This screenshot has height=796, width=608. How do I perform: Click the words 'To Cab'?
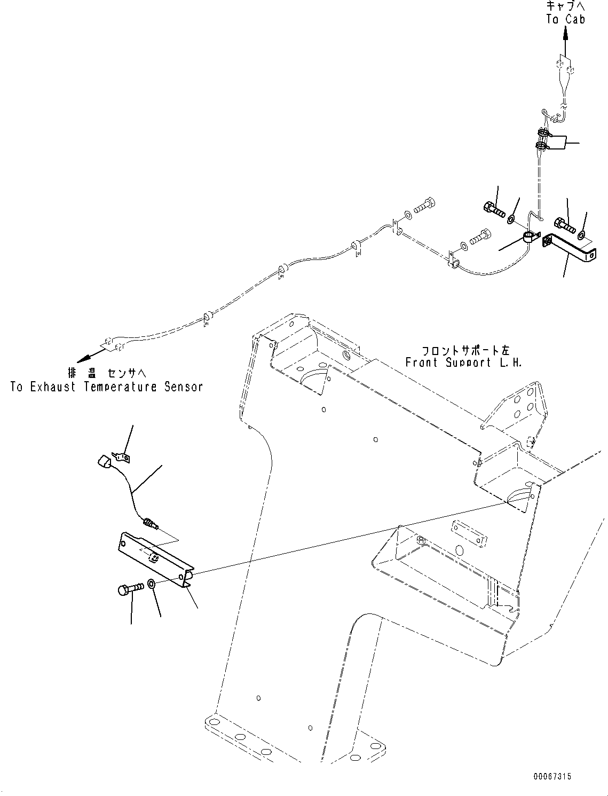tap(565, 19)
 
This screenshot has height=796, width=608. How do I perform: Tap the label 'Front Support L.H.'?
tap(463, 362)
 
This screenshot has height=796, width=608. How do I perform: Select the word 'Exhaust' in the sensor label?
tap(53, 387)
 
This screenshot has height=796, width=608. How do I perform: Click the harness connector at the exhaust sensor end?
tap(114, 344)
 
